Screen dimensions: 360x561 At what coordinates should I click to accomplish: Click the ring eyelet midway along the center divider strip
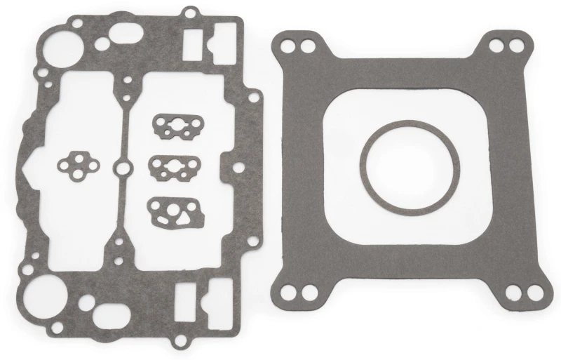[x=123, y=168]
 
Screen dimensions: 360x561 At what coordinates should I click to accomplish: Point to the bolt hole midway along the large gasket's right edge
[x=241, y=168]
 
